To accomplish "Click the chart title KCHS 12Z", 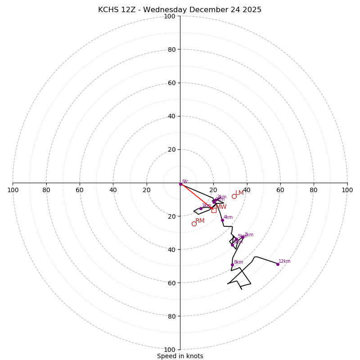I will click(x=180, y=10).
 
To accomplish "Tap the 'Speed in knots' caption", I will click(x=180, y=356).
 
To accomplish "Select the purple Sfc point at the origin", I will click(x=181, y=184).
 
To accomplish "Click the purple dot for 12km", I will click(x=278, y=264).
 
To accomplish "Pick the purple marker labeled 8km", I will click(x=232, y=265).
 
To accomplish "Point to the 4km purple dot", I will click(x=222, y=220).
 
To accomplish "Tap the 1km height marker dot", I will click(x=201, y=208).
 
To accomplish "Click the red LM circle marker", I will click(x=234, y=196).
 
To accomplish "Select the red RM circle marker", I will click(x=194, y=224).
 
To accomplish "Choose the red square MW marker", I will click(x=214, y=210).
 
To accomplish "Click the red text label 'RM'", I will click(x=200, y=221).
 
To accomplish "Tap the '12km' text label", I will click(x=284, y=261).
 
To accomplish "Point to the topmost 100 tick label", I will click(x=170, y=16).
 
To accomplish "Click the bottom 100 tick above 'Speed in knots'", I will click(x=170, y=350).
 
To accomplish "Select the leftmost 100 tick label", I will click(x=13, y=190).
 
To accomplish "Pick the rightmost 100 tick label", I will click(x=347, y=190).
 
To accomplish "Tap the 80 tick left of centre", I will click(x=46, y=190).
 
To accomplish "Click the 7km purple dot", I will click(x=243, y=237).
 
